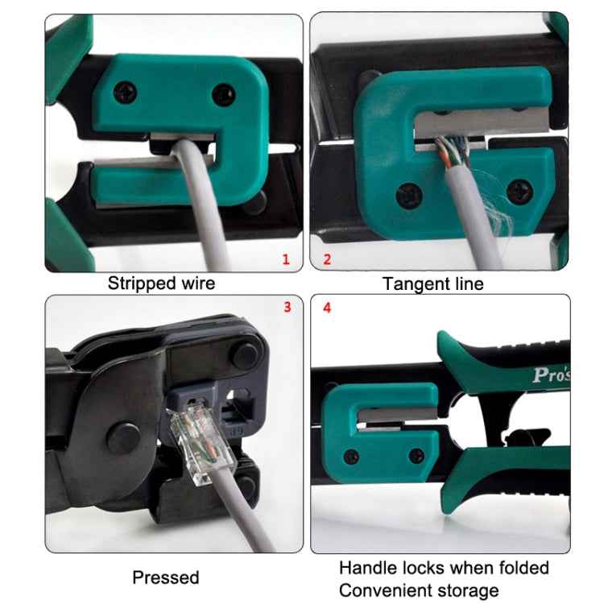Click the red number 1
click(x=285, y=259)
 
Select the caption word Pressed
click(x=165, y=577)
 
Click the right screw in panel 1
click(x=221, y=96)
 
